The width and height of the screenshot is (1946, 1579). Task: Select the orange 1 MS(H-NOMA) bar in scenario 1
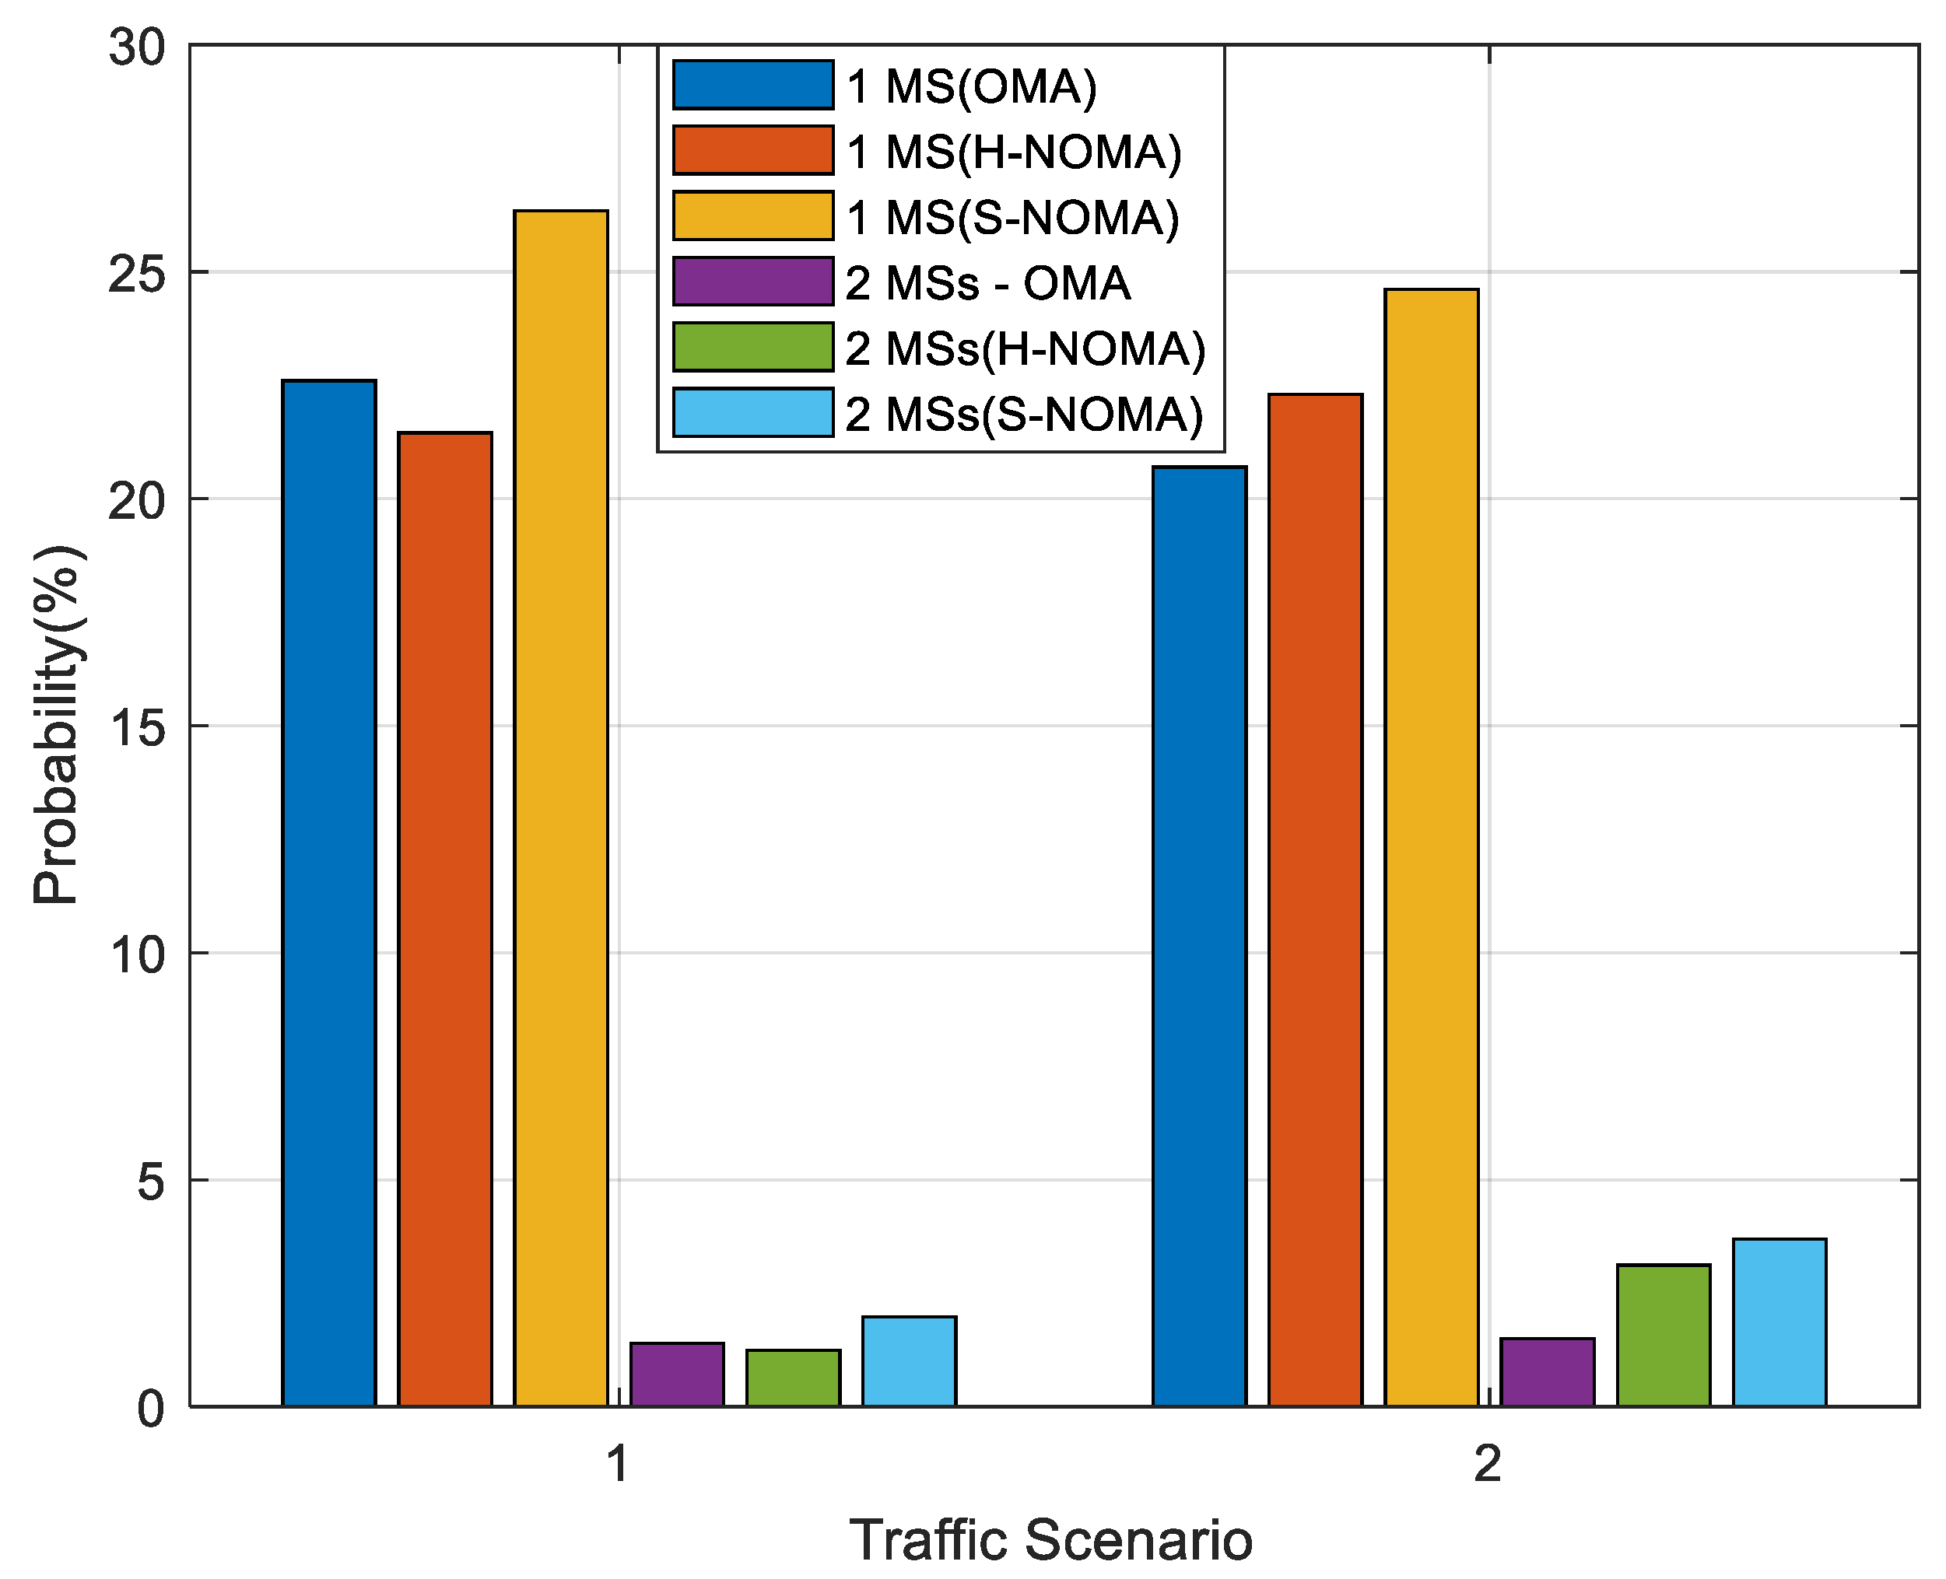pyautogui.click(x=445, y=919)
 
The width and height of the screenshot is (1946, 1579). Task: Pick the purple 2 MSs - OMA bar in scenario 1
pyautogui.click(x=677, y=1374)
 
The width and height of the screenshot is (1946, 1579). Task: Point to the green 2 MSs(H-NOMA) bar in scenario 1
pyautogui.click(x=792, y=1378)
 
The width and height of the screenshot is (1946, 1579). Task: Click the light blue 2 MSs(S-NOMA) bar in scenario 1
pyautogui.click(x=909, y=1362)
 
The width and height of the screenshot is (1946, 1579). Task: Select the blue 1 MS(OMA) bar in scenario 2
pyautogui.click(x=1199, y=936)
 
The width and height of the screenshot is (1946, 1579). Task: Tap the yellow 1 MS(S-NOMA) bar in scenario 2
pyautogui.click(x=1431, y=847)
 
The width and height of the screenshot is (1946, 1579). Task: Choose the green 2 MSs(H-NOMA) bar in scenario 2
pyautogui.click(x=1663, y=1336)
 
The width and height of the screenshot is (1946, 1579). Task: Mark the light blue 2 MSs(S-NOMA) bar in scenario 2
pyautogui.click(x=1779, y=1322)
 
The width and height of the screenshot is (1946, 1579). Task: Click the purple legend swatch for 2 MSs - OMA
pyautogui.click(x=752, y=281)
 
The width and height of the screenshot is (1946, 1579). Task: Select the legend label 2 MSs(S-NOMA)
pyautogui.click(x=1023, y=414)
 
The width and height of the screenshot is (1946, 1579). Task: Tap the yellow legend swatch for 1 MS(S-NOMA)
pyautogui.click(x=752, y=215)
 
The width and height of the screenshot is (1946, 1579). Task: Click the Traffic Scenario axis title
pyautogui.click(x=1050, y=1540)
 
